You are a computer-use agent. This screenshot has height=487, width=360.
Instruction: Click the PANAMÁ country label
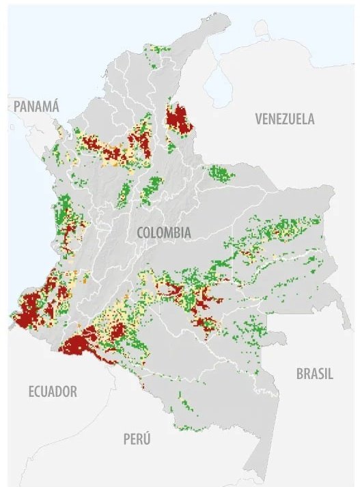[x=37, y=106]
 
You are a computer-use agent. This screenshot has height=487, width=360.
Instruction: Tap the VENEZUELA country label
[x=285, y=119]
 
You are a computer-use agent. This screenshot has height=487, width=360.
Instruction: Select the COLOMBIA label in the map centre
[x=164, y=233]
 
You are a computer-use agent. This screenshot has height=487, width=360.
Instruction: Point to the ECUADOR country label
[x=53, y=391]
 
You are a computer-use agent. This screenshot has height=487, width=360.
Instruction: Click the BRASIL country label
[x=314, y=374]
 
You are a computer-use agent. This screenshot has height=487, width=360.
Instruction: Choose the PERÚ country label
[x=137, y=439]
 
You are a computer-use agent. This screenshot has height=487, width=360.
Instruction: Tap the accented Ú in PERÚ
[x=147, y=438]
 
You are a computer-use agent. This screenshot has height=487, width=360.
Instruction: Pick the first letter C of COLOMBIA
[x=141, y=233]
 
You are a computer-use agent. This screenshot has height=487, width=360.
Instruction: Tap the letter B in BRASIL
[x=299, y=374]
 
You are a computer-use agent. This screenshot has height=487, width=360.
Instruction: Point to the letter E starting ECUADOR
[x=32, y=391]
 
